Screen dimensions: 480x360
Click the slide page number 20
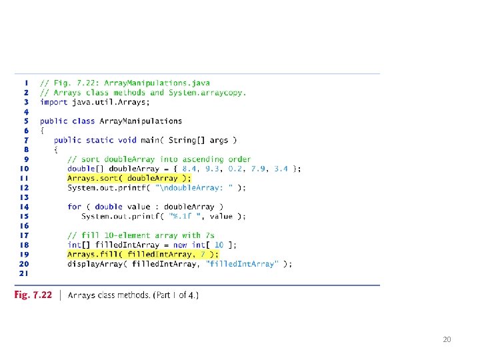[x=447, y=339]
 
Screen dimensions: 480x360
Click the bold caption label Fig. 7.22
[x=33, y=295]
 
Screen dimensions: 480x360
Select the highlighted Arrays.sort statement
[x=129, y=178]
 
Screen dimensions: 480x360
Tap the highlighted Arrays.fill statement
[x=142, y=254]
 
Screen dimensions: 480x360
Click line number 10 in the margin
[x=23, y=169]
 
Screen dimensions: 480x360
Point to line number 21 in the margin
[x=23, y=273]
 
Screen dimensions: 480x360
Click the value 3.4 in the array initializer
[x=281, y=169]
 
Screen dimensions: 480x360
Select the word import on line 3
[x=53, y=102]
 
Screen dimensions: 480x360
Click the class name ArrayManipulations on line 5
[x=141, y=121]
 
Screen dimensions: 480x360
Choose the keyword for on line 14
[x=74, y=207]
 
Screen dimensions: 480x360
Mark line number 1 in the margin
[x=25, y=83]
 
